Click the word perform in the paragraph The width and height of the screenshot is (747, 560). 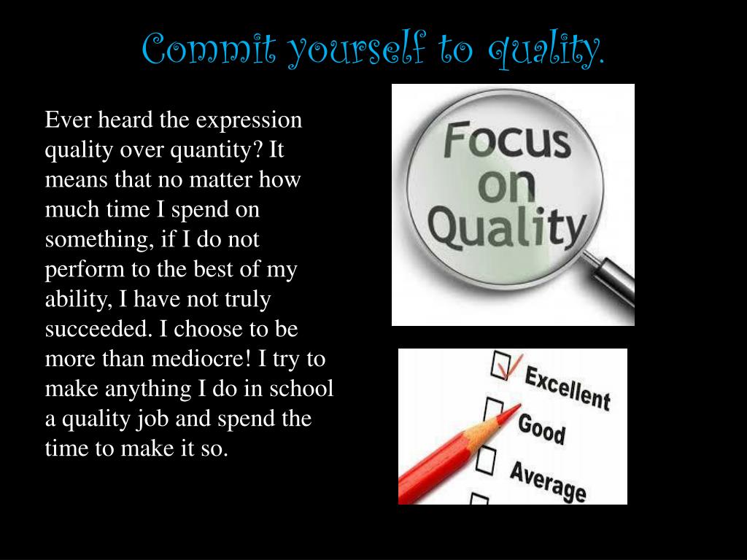point(85,269)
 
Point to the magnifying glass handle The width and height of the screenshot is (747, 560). point(613,280)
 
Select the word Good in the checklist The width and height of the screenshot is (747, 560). point(541,428)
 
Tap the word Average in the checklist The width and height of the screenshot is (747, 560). point(547,480)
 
